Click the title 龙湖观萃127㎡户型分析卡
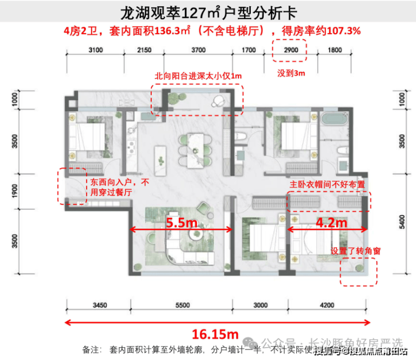click(207, 12)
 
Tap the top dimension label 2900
click(290, 50)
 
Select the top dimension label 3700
click(198, 50)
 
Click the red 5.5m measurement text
click(182, 222)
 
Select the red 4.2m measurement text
click(327, 222)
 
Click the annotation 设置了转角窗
click(355, 251)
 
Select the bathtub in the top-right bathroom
click(334, 119)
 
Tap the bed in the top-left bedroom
click(89, 135)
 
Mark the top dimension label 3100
click(96, 50)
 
